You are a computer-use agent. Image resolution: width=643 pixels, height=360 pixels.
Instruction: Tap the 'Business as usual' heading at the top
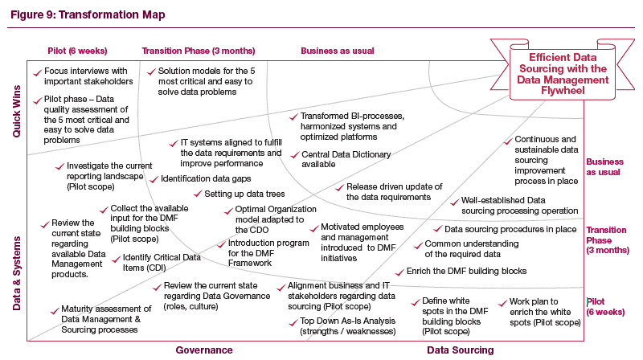click(x=338, y=51)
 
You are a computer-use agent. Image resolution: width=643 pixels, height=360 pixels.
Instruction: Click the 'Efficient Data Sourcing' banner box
click(x=557, y=75)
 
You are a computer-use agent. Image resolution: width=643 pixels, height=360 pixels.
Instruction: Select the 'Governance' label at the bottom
click(x=204, y=350)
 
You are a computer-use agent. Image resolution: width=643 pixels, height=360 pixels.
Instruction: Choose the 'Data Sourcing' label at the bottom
click(x=460, y=350)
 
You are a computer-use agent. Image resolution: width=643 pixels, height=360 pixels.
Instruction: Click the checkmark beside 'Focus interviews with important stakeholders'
click(x=38, y=72)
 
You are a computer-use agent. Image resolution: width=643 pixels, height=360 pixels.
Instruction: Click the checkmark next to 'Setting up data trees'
click(x=197, y=194)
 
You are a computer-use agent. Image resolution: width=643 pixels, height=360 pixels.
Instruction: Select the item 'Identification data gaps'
click(x=205, y=178)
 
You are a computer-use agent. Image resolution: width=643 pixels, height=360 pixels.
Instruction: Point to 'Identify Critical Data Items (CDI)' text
click(x=162, y=263)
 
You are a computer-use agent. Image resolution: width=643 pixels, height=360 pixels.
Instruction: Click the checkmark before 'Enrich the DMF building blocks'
click(x=399, y=272)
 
